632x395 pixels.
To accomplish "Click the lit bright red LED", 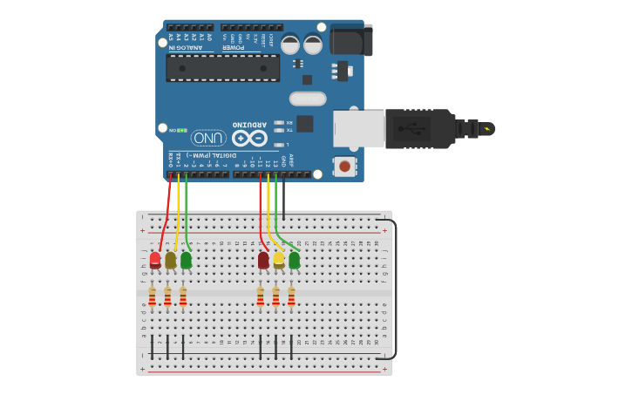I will [x=155, y=259].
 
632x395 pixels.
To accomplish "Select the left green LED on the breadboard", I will [x=186, y=259].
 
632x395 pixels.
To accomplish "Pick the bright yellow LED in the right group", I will [x=279, y=259].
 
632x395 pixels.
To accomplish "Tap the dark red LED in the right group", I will [x=263, y=260].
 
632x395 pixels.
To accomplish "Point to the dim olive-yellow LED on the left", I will [x=171, y=260].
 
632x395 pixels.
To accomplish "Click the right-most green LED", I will [x=295, y=259].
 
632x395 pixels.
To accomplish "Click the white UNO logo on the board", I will [x=208, y=138].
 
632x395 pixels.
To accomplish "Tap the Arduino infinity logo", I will [x=248, y=138].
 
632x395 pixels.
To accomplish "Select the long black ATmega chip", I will [x=223, y=67].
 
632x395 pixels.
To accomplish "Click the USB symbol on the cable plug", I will [x=411, y=129].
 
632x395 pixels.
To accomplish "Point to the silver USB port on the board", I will [x=358, y=128].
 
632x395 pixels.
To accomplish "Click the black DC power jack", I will [x=350, y=40].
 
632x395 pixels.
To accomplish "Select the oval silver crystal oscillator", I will [x=308, y=99].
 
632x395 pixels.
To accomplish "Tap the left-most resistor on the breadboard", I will [x=152, y=296].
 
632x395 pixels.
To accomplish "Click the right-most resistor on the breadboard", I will [x=291, y=296].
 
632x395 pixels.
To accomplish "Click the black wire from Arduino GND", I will [x=283, y=196].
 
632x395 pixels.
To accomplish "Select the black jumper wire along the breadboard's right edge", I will [x=395, y=288].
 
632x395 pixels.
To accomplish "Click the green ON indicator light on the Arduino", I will [x=183, y=130].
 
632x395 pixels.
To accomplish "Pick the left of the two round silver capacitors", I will [x=290, y=44].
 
